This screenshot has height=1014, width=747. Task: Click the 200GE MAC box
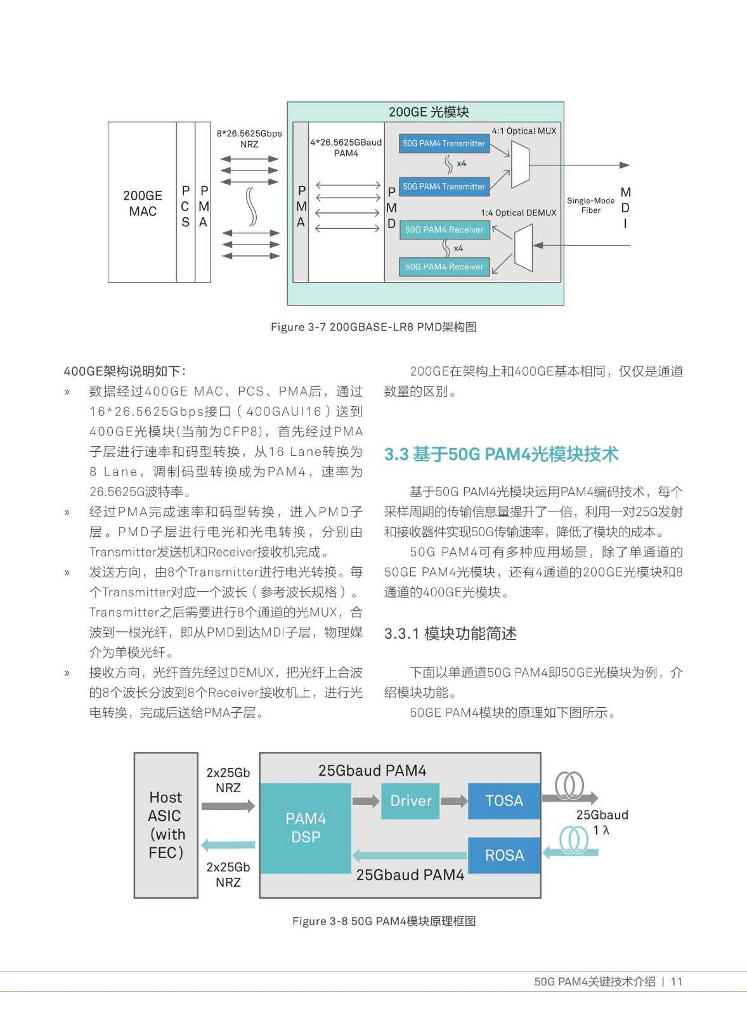(142, 202)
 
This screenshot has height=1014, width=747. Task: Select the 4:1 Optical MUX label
(524, 131)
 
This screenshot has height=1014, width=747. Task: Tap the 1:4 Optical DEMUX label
(519, 213)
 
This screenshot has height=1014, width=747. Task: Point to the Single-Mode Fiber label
(591, 205)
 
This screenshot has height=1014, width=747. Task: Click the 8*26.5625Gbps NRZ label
(249, 139)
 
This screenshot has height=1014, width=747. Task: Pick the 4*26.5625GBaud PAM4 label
(346, 148)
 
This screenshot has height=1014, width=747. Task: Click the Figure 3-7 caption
(373, 327)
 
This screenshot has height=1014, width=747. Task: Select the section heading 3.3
(501, 454)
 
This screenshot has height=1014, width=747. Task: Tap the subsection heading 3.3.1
(450, 633)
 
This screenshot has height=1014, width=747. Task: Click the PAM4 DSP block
(305, 828)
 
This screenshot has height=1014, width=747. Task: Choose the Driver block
(410, 801)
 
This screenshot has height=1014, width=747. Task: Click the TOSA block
(504, 801)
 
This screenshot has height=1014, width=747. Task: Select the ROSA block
(504, 855)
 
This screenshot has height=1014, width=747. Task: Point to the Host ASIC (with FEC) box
(166, 825)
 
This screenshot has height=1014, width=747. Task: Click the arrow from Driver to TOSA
(454, 801)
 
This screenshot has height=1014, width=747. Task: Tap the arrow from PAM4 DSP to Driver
(365, 801)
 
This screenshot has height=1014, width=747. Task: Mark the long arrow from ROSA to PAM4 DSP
(410, 855)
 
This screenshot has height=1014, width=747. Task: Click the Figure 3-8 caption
(384, 921)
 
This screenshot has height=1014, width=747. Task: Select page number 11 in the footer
(677, 982)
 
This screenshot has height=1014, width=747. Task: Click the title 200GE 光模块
(429, 112)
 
